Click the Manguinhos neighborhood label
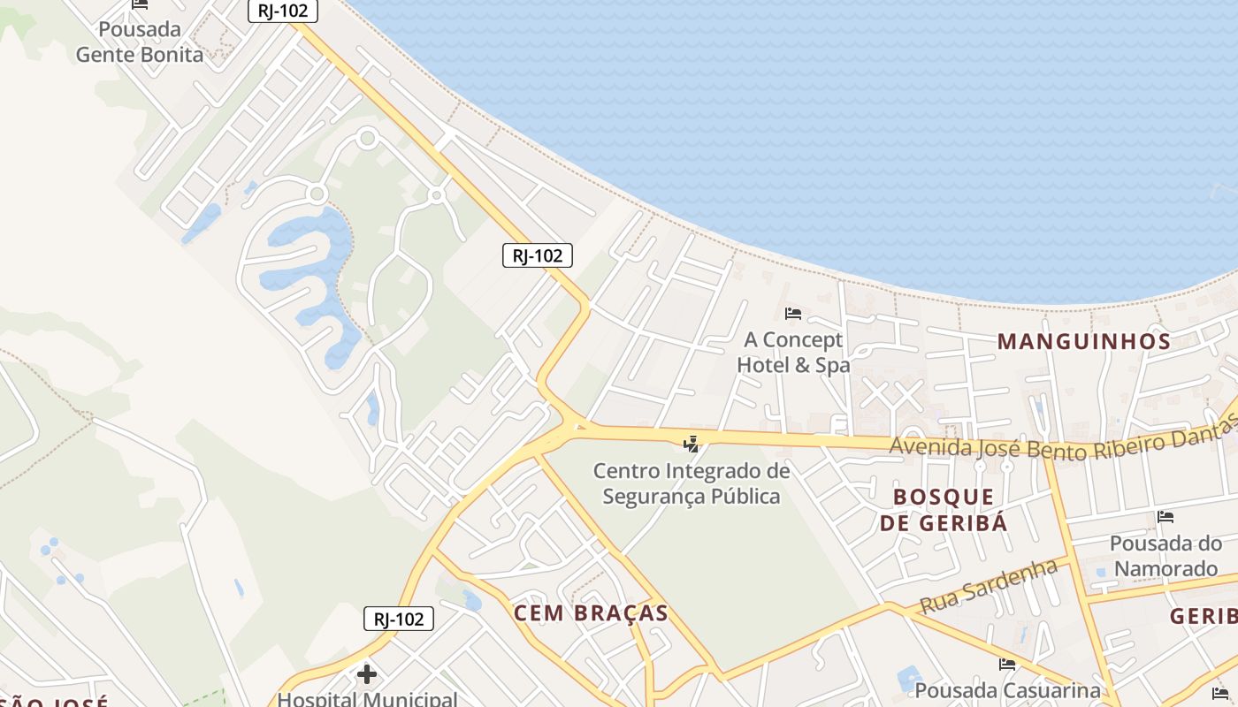point(1084,341)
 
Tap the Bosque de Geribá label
point(944,509)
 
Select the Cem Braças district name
point(591,613)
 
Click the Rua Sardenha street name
point(989,586)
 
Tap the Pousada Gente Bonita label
point(140,42)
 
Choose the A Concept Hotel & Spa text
point(793,352)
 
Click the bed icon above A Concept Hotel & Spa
point(793,314)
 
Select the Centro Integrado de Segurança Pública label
point(692,483)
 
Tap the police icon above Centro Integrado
point(692,444)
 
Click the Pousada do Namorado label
point(1165,555)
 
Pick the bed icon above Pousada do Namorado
point(1165,517)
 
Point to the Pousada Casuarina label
point(1007,689)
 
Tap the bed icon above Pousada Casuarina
point(1007,665)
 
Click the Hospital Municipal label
point(367,699)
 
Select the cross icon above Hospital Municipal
point(367,675)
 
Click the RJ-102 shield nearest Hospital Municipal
point(399,619)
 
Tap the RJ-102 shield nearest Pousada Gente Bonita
point(283,11)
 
